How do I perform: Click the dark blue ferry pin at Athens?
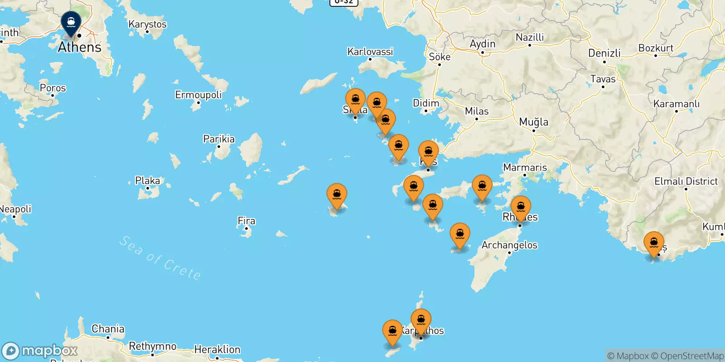tap(71, 22)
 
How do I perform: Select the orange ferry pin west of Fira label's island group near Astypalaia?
tap(337, 195)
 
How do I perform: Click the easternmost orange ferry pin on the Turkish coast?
tap(654, 244)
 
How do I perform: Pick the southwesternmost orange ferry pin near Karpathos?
tap(392, 332)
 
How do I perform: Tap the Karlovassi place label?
tap(370, 52)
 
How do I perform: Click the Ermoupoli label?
tap(198, 95)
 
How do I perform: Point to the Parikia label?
tap(219, 139)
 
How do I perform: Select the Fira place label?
tap(246, 221)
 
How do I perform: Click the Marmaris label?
tap(525, 167)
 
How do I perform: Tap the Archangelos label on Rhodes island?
tap(509, 245)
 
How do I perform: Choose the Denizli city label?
tap(604, 53)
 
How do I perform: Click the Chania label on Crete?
tap(108, 329)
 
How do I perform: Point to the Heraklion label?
tap(217, 349)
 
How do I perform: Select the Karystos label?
tap(147, 24)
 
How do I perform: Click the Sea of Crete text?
tap(160, 258)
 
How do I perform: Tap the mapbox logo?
tap(40, 351)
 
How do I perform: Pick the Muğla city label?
tap(533, 122)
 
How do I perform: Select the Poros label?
tap(53, 88)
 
